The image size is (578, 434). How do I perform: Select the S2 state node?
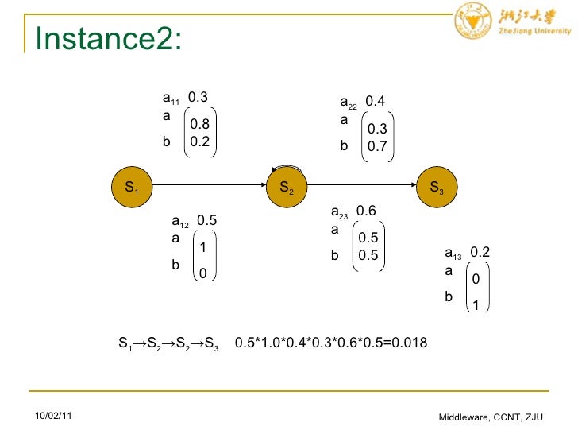pyautogui.click(x=287, y=188)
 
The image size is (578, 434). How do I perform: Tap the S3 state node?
pyautogui.click(x=437, y=188)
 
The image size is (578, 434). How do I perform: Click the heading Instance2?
pyautogui.click(x=109, y=37)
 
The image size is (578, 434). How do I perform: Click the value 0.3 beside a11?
pyautogui.click(x=198, y=98)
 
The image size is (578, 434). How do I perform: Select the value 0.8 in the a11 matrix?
pyautogui.click(x=199, y=124)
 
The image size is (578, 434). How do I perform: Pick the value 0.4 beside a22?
pyautogui.click(x=376, y=102)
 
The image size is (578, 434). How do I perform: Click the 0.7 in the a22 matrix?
pyautogui.click(x=377, y=146)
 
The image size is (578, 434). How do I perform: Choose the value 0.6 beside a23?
pyautogui.click(x=366, y=211)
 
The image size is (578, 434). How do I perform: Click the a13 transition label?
pyautogui.click(x=453, y=254)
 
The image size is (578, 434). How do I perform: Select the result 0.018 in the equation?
pyautogui.click(x=409, y=343)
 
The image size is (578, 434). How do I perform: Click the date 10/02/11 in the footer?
pyautogui.click(x=52, y=416)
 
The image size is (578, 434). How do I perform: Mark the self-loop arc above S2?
pyautogui.click(x=287, y=169)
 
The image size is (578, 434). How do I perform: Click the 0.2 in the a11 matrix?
pyautogui.click(x=199, y=142)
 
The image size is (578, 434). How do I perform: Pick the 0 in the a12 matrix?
pyautogui.click(x=202, y=274)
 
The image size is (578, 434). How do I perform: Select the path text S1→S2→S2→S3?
pyautogui.click(x=168, y=344)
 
